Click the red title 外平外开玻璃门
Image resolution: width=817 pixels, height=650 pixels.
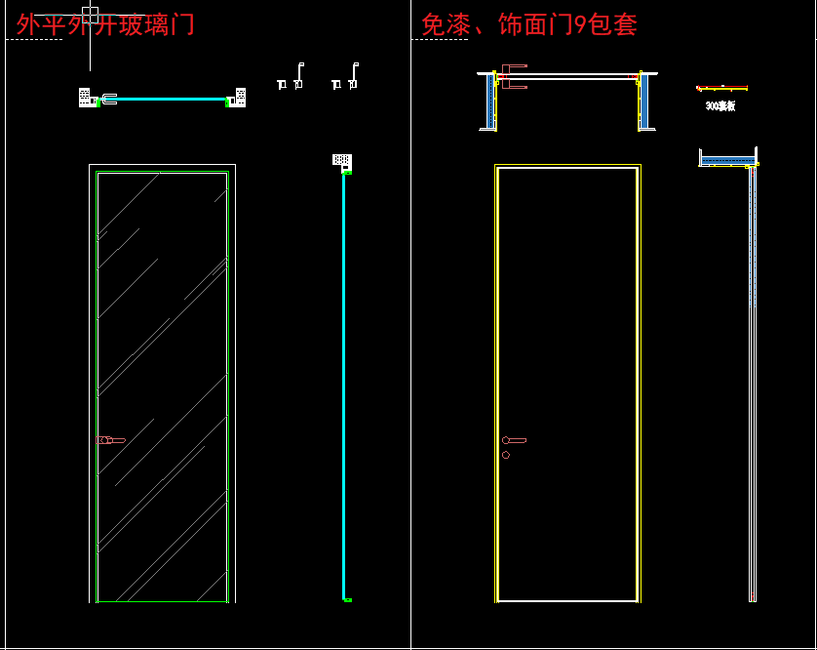(105, 24)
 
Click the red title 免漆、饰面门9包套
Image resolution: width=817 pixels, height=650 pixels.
(529, 24)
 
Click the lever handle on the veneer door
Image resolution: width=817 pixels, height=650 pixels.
(514, 441)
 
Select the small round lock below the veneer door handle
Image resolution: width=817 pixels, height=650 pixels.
(505, 455)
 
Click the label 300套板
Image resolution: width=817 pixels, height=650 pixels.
(720, 105)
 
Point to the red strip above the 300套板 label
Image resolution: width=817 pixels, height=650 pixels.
(722, 88)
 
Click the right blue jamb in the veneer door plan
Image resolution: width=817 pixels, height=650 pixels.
(644, 101)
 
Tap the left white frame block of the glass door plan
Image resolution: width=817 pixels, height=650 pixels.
(86, 97)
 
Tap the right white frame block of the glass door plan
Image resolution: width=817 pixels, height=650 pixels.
(240, 97)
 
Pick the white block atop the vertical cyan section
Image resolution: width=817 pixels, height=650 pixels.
(341, 159)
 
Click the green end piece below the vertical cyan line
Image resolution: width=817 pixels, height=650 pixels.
(347, 599)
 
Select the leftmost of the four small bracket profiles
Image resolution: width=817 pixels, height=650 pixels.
(282, 84)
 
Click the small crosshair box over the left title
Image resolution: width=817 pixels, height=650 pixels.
(90, 14)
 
